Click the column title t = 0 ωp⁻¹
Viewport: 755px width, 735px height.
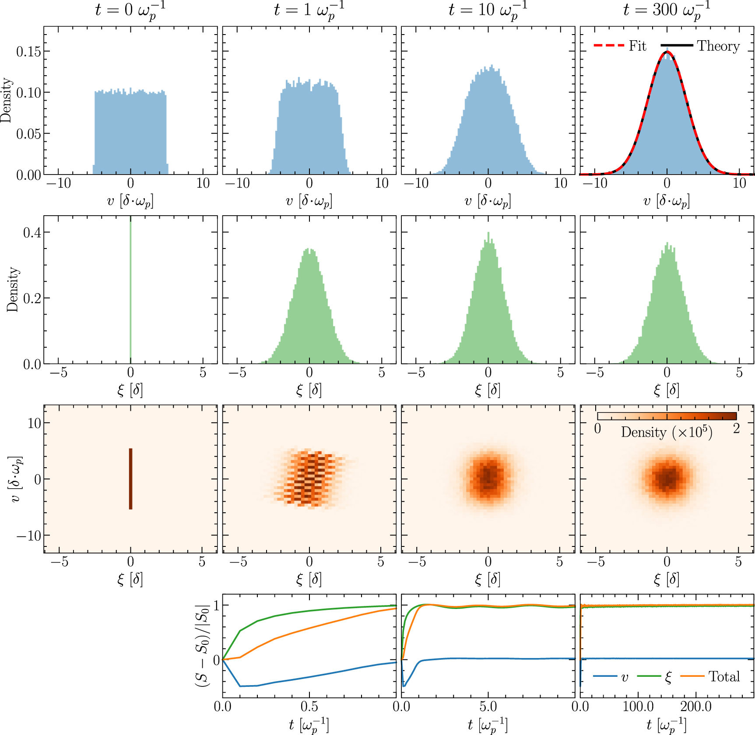(130, 10)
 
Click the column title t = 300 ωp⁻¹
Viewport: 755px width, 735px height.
(666, 10)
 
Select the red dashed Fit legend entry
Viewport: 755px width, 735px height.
(620, 46)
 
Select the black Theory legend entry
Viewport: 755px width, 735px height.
(700, 46)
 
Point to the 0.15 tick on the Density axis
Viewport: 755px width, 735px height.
(28, 52)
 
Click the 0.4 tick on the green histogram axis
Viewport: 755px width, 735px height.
(32, 232)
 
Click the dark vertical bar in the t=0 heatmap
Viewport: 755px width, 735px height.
(130, 479)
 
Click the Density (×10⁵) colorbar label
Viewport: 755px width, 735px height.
(666, 432)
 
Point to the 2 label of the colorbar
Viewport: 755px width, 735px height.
(737, 428)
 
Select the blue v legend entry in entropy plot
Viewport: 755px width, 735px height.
(611, 677)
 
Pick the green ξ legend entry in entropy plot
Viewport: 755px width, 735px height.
(655, 677)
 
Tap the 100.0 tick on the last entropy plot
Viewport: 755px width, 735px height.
(638, 707)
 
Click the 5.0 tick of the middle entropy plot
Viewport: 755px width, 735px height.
(488, 707)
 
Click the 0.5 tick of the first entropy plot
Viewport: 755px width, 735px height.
(309, 707)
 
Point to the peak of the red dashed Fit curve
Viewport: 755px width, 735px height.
(667, 52)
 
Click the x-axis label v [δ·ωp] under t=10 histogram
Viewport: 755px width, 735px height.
(488, 201)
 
